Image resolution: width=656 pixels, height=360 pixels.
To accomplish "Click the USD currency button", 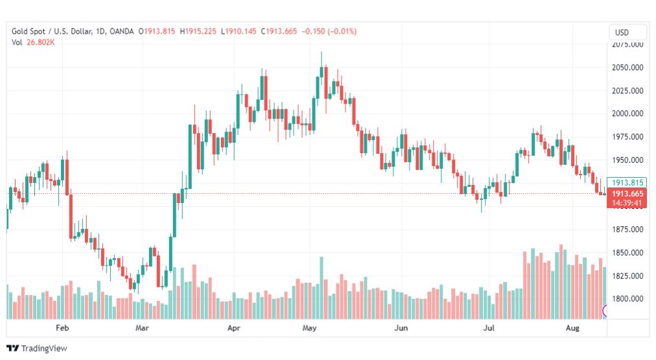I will pos(628,32).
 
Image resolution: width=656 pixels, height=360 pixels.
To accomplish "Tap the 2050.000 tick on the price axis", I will pos(627,67).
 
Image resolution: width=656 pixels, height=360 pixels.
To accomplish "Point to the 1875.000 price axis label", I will pos(627,230).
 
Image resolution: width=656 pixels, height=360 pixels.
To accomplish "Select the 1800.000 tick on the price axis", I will pos(627,299).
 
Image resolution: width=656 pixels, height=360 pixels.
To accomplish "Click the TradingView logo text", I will pos(44,348).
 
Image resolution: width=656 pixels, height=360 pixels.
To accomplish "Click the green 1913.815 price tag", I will pos(627,183).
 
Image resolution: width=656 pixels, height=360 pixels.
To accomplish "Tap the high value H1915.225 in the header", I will pos(198,31).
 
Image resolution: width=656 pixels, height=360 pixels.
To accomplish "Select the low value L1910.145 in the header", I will pos(238,31).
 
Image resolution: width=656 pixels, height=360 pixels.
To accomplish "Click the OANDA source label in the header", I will pos(122,31).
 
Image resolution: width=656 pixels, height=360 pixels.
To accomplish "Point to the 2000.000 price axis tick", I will pos(627,114).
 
